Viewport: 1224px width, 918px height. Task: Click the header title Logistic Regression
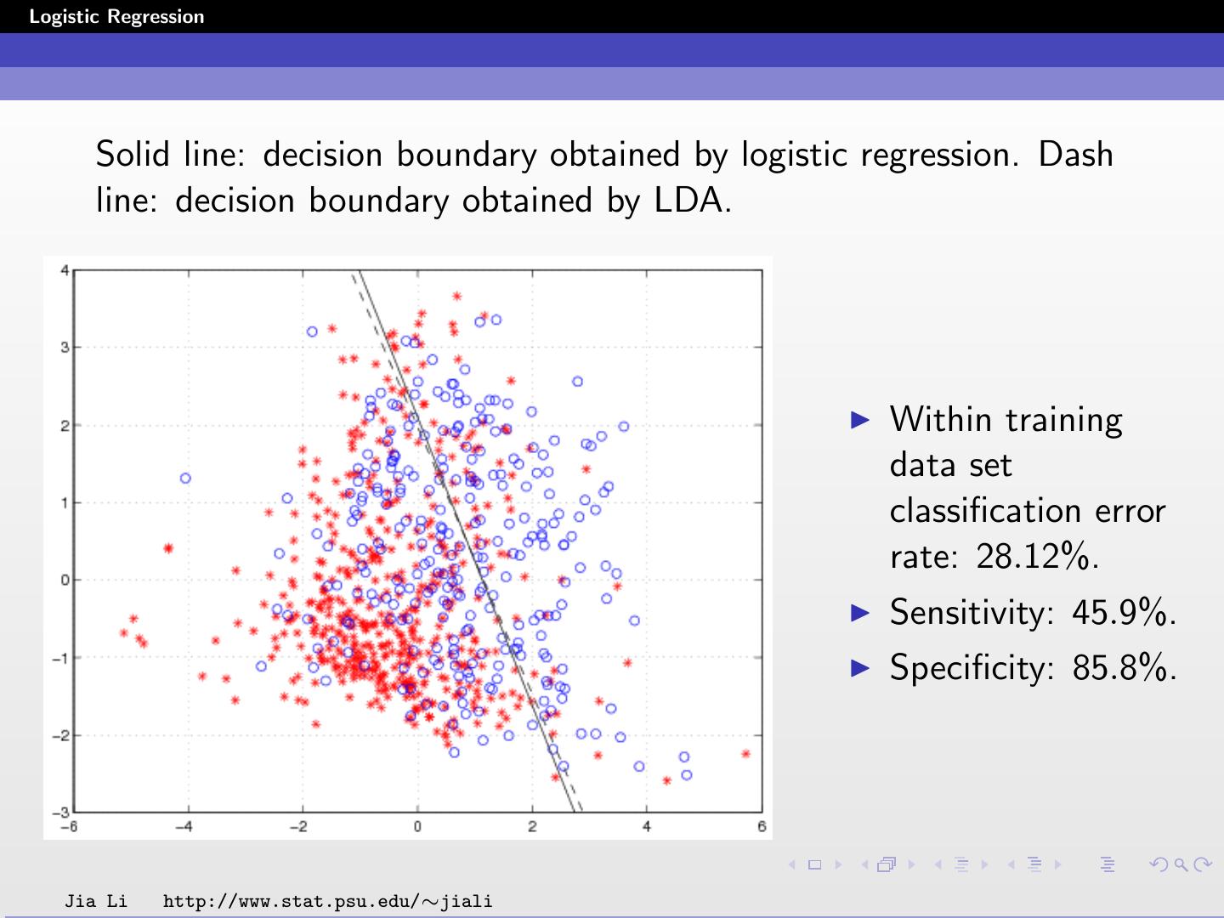(116, 17)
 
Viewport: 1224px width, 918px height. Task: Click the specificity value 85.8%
(1124, 668)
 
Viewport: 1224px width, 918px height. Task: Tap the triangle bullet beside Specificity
(860, 667)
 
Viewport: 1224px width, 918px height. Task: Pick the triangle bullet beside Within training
(860, 419)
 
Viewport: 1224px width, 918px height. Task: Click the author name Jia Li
(96, 901)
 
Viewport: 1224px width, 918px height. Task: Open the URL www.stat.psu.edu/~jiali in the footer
(327, 901)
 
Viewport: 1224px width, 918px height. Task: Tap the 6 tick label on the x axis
(762, 827)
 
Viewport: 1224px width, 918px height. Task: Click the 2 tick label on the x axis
(532, 827)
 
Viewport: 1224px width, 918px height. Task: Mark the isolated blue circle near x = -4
(185, 479)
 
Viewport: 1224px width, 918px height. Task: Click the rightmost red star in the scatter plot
(745, 754)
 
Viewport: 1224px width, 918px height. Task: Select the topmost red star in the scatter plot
(456, 297)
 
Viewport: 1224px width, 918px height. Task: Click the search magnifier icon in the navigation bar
(1180, 865)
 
